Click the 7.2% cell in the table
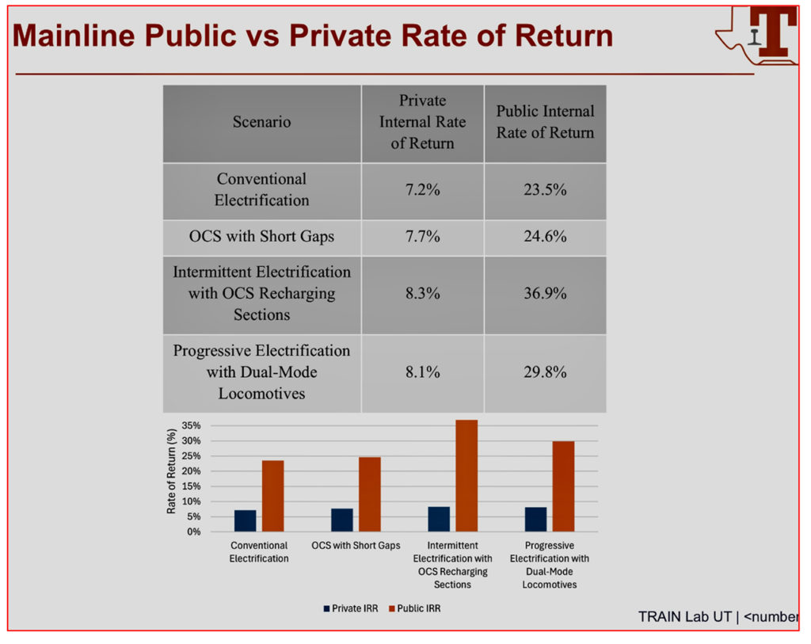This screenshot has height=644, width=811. (422, 190)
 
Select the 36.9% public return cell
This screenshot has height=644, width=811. (544, 293)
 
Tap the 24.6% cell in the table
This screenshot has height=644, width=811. (544, 236)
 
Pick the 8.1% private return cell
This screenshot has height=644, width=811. (422, 372)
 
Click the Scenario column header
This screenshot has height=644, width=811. (261, 122)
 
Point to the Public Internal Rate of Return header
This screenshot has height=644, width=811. (545, 122)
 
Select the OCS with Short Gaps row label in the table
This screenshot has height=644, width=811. (261, 236)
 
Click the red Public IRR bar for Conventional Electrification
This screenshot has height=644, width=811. (272, 496)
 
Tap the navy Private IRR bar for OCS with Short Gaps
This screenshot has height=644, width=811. (341, 520)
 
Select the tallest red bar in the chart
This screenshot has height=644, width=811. (466, 475)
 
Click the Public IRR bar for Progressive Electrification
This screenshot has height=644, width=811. (563, 486)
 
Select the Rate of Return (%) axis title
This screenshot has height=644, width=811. (171, 471)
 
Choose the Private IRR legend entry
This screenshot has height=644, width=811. (350, 608)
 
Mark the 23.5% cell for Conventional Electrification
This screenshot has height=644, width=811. (544, 190)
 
